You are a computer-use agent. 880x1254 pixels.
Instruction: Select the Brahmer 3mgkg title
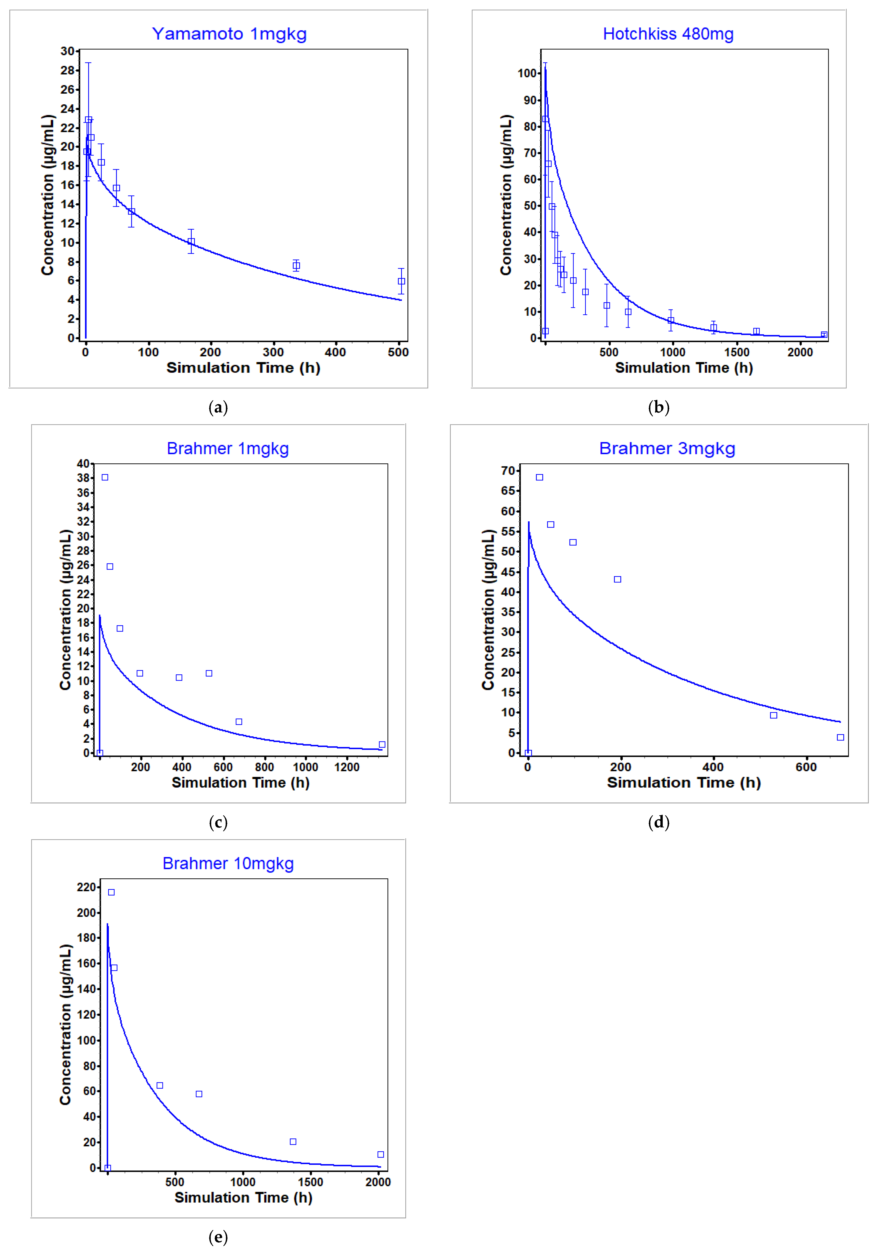pos(667,449)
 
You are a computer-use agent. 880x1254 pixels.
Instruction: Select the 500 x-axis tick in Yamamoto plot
pos(398,352)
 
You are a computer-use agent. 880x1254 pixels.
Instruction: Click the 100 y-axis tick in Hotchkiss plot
pos(528,73)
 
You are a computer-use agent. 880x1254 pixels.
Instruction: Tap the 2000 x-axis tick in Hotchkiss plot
pos(800,352)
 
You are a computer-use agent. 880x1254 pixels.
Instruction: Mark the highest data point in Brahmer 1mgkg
pos(105,477)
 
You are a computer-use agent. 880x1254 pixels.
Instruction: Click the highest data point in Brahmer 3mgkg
pos(539,477)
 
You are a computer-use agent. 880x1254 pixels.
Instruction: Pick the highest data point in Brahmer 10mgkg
pos(111,892)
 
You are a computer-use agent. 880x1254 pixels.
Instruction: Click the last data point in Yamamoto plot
pos(401,281)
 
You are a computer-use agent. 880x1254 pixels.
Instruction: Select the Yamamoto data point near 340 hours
pos(296,265)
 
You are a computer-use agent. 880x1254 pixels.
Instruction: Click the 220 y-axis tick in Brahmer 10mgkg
pos(86,887)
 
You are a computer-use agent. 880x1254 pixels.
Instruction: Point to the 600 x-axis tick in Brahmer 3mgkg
pos(806,767)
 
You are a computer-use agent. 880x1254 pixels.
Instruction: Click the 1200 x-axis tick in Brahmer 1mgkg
pos(347,767)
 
